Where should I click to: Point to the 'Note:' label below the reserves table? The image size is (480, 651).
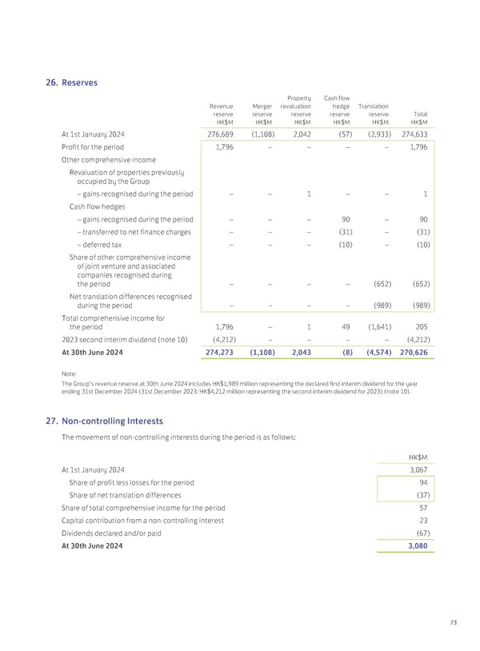(x=68, y=372)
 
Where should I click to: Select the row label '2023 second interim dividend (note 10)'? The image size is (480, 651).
(x=124, y=339)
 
